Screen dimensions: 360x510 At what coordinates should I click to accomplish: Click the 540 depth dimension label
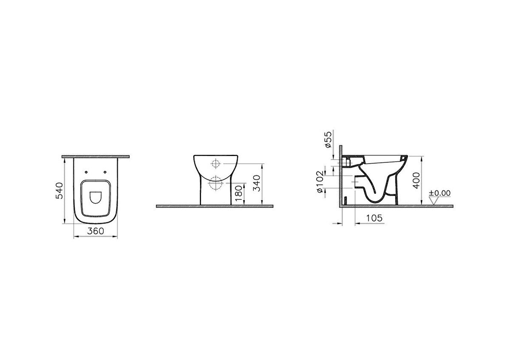click(x=60, y=190)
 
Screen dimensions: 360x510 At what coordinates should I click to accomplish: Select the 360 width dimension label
click(x=95, y=231)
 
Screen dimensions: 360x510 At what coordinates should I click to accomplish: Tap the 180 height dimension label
click(x=239, y=194)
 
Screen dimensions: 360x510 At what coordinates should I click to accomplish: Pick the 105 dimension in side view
click(x=374, y=218)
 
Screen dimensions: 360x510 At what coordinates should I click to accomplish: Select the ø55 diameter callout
click(x=328, y=139)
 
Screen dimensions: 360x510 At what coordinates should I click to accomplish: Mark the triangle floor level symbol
click(x=434, y=201)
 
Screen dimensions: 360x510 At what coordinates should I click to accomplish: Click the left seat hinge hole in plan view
click(x=87, y=172)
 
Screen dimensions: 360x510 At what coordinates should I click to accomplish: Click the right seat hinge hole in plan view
click(x=105, y=172)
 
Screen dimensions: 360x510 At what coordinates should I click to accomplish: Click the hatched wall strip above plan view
click(x=96, y=157)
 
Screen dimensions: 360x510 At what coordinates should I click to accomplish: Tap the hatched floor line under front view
click(x=215, y=206)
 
